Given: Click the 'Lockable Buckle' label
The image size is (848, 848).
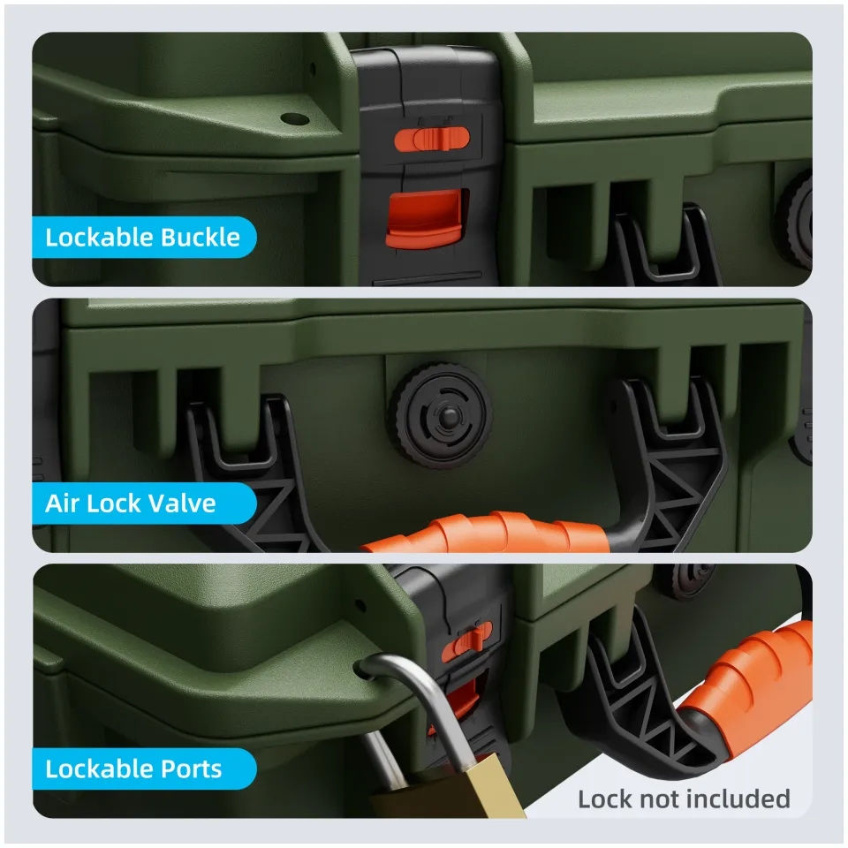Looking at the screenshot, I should [x=142, y=238].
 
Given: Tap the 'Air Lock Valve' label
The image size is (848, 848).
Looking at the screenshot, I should [x=131, y=503].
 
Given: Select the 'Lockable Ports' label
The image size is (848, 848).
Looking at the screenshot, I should [x=133, y=768].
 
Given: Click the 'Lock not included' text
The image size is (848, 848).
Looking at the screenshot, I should [x=684, y=799].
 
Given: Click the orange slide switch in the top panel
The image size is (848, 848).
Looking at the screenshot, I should [x=430, y=138].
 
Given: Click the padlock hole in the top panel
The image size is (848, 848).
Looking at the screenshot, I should [x=293, y=118].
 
